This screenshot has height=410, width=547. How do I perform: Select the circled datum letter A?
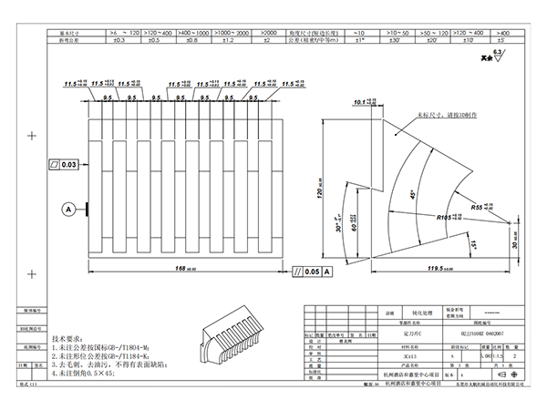tap(67, 209)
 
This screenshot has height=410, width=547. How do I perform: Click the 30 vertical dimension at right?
tap(515, 240)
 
